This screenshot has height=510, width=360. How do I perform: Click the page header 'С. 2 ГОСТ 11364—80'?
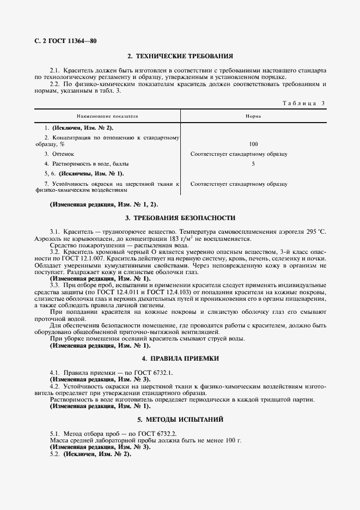[61, 41]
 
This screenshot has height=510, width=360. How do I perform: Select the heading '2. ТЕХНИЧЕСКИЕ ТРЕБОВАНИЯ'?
[180, 56]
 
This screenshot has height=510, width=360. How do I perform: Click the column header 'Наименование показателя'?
[107, 117]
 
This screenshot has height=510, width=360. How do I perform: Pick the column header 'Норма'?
[253, 117]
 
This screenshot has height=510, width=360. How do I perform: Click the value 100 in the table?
[253, 144]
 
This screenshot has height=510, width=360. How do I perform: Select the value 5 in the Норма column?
[253, 163]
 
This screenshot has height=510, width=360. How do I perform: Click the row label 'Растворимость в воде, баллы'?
[84, 163]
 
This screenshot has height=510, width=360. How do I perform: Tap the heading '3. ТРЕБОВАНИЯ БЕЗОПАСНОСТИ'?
[180, 218]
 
